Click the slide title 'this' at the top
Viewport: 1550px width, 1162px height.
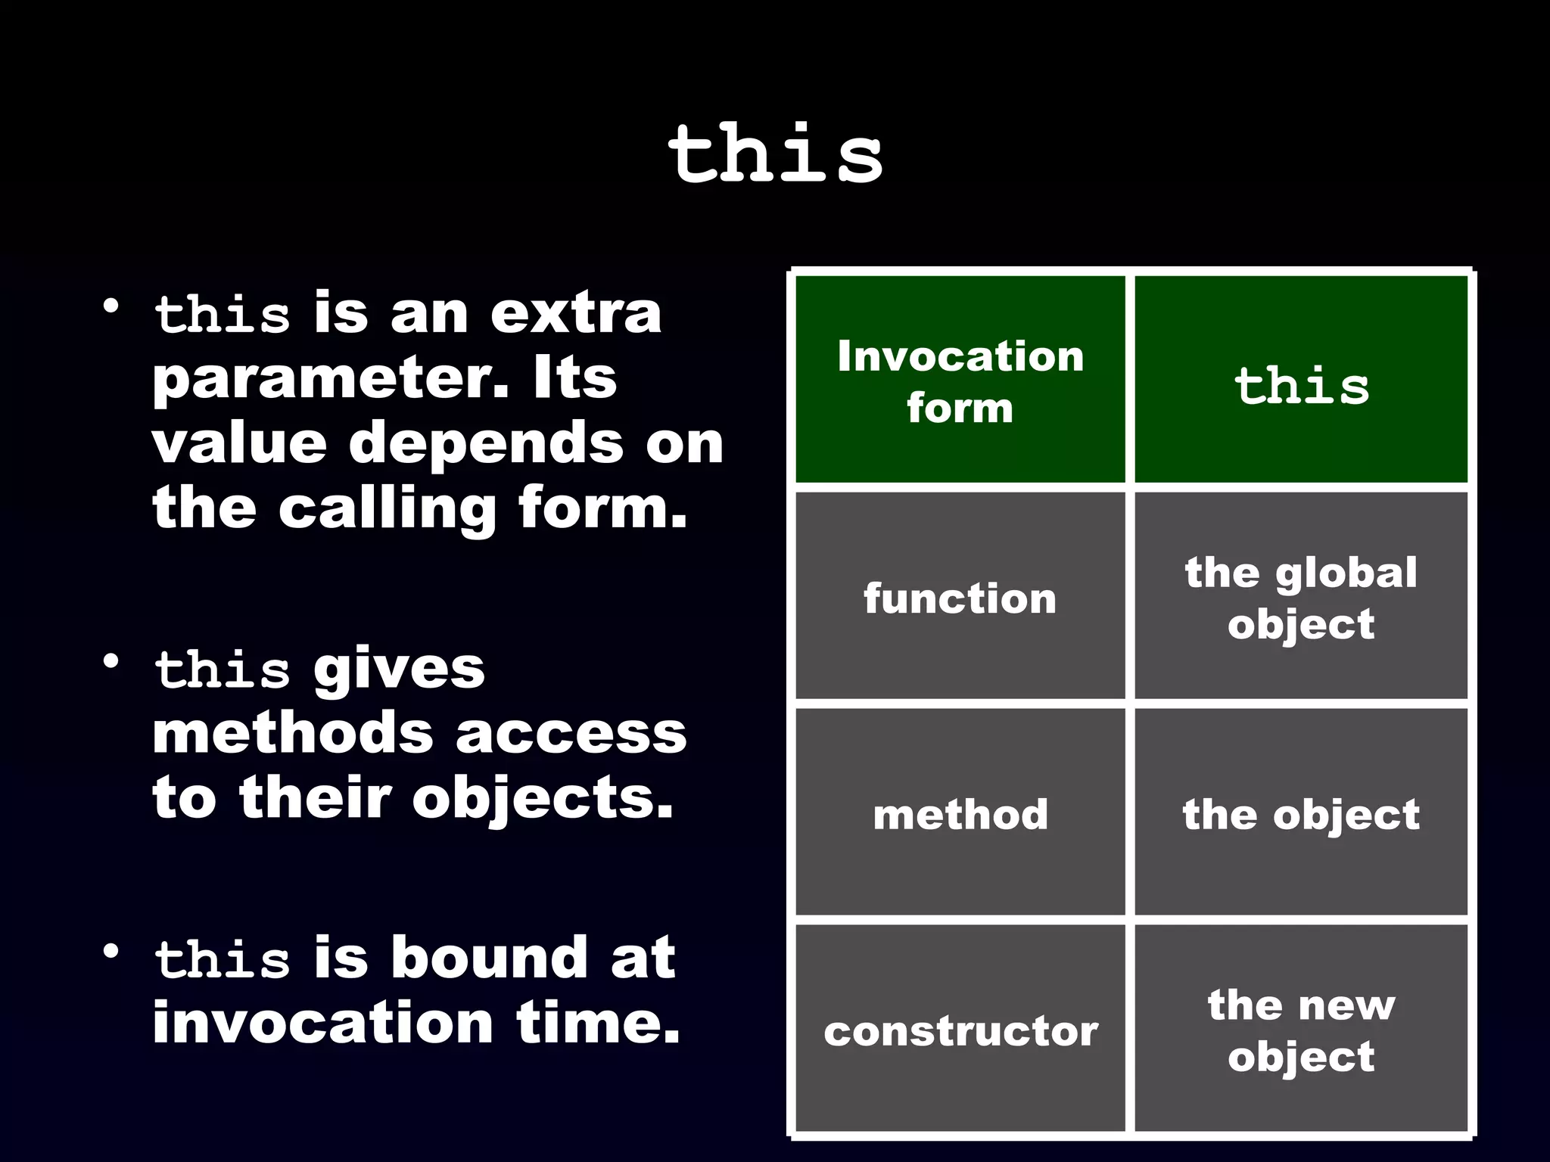[775, 154]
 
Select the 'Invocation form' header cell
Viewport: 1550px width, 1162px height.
[960, 381]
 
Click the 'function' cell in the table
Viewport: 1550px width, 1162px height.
[960, 598]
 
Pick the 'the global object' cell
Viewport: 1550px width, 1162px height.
[1301, 598]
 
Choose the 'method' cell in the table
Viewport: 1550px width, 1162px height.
[960, 814]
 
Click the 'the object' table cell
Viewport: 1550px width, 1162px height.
[1301, 814]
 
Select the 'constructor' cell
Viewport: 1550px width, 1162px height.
[960, 1030]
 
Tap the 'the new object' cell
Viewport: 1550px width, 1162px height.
[1301, 1030]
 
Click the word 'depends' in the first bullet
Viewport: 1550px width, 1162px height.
[485, 443]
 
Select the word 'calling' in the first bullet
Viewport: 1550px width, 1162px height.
[387, 508]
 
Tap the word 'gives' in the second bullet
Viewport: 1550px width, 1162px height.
[399, 670]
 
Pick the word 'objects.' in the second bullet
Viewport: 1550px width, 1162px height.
[542, 798]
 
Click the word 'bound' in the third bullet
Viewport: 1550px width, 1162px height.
[489, 957]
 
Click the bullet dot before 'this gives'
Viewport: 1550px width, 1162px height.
[112, 661]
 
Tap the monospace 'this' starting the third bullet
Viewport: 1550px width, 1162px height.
[222, 958]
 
